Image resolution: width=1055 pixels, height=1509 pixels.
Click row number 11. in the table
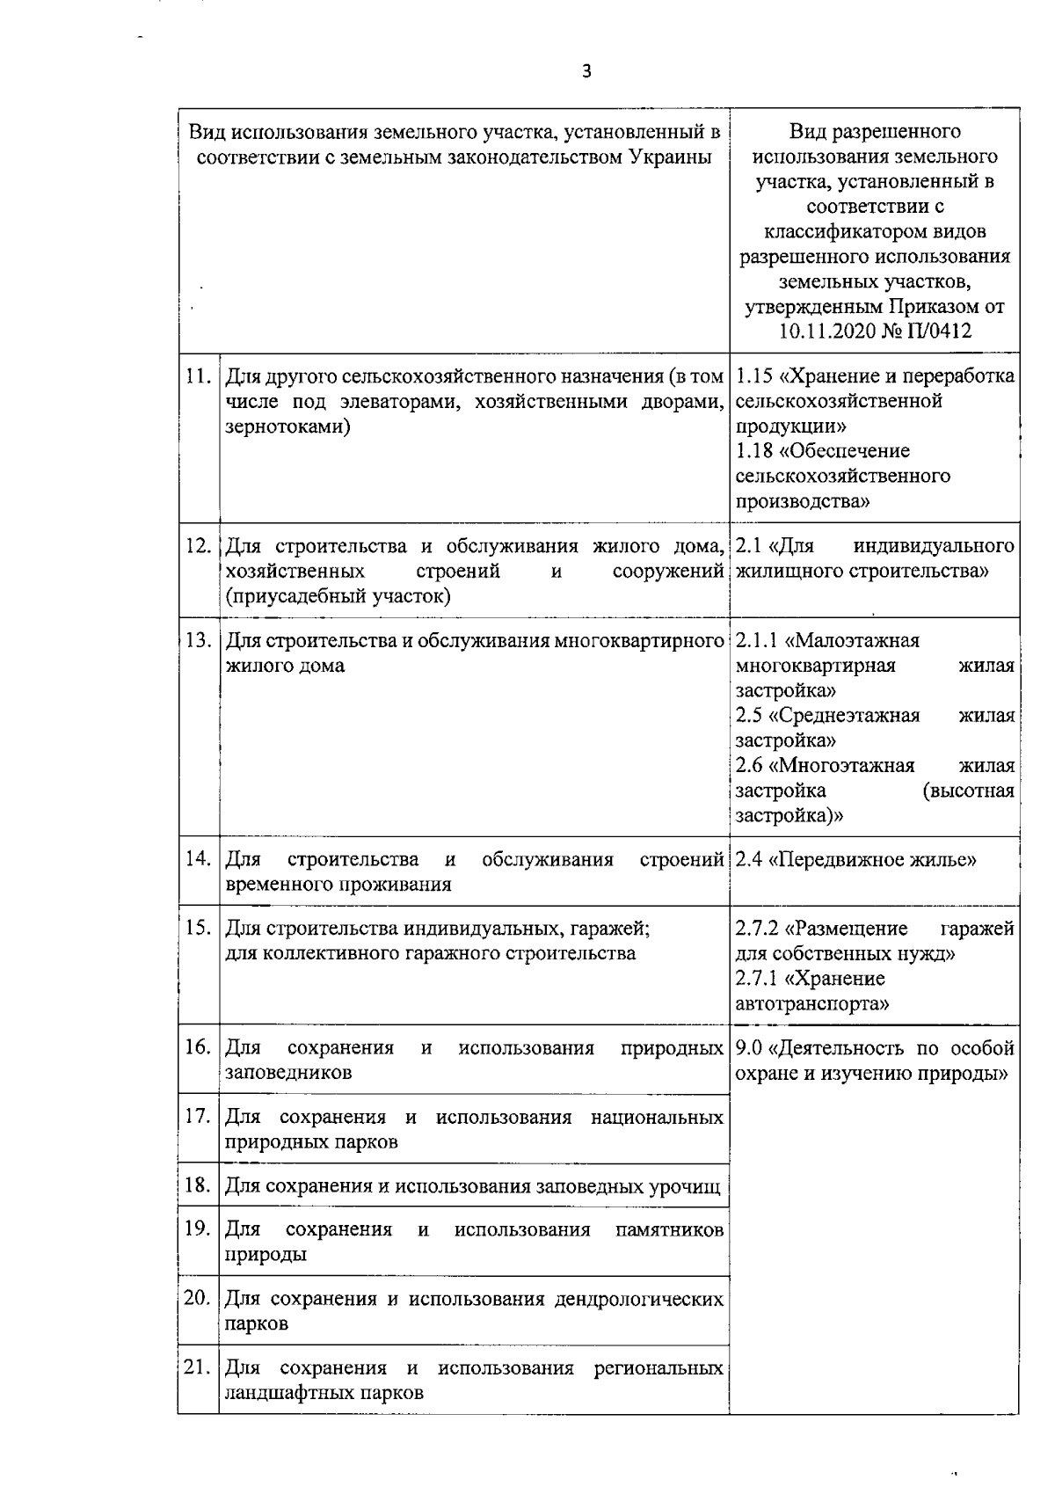pos(199,376)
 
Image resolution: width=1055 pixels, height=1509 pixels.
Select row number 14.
pos(199,858)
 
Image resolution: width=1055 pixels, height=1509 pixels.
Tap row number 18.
pos(199,1185)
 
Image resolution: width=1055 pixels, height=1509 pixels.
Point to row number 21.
pos(199,1367)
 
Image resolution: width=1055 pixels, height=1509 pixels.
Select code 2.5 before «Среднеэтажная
pos(749,715)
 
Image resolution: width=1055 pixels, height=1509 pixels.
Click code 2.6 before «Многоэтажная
pos(749,765)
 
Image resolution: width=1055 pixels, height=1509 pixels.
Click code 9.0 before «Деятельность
pos(748,1048)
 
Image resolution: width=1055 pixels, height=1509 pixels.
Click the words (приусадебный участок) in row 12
pos(338,596)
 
